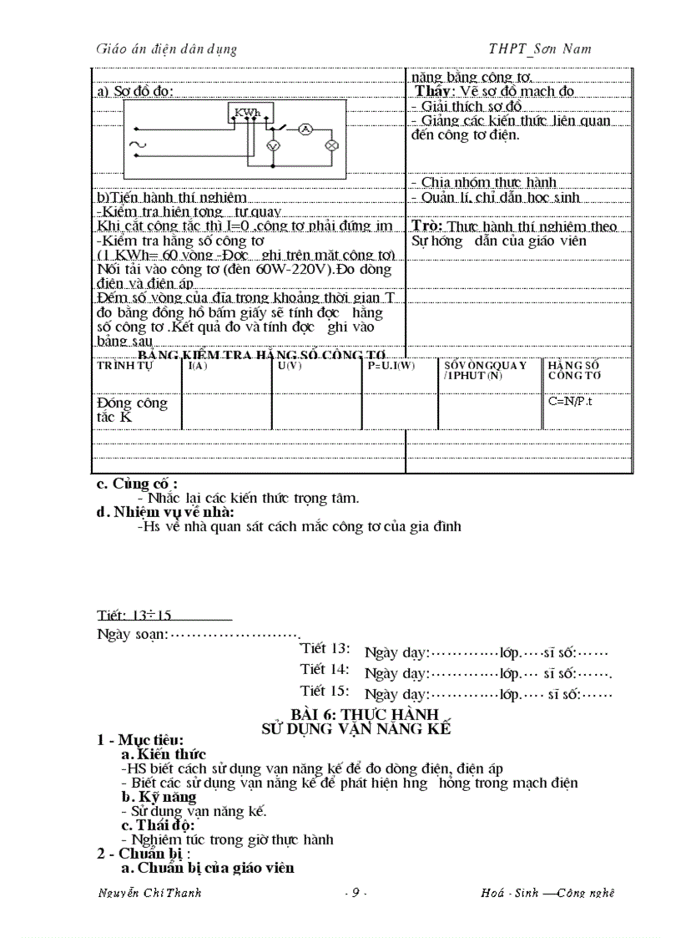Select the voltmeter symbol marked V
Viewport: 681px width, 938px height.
tap(271, 145)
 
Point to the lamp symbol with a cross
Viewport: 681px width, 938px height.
tap(330, 145)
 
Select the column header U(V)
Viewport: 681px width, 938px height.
tap(290, 366)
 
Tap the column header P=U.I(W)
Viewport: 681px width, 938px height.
tap(391, 366)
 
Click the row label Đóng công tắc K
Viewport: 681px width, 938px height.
tap(132, 409)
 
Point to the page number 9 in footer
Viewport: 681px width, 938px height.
tap(356, 893)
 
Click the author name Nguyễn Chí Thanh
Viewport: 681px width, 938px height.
tap(149, 893)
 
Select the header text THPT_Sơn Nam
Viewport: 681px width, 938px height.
tap(540, 49)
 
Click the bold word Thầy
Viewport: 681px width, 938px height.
tap(435, 91)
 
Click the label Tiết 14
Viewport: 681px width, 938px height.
tap(325, 670)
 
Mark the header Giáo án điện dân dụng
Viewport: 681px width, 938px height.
tap(166, 49)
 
